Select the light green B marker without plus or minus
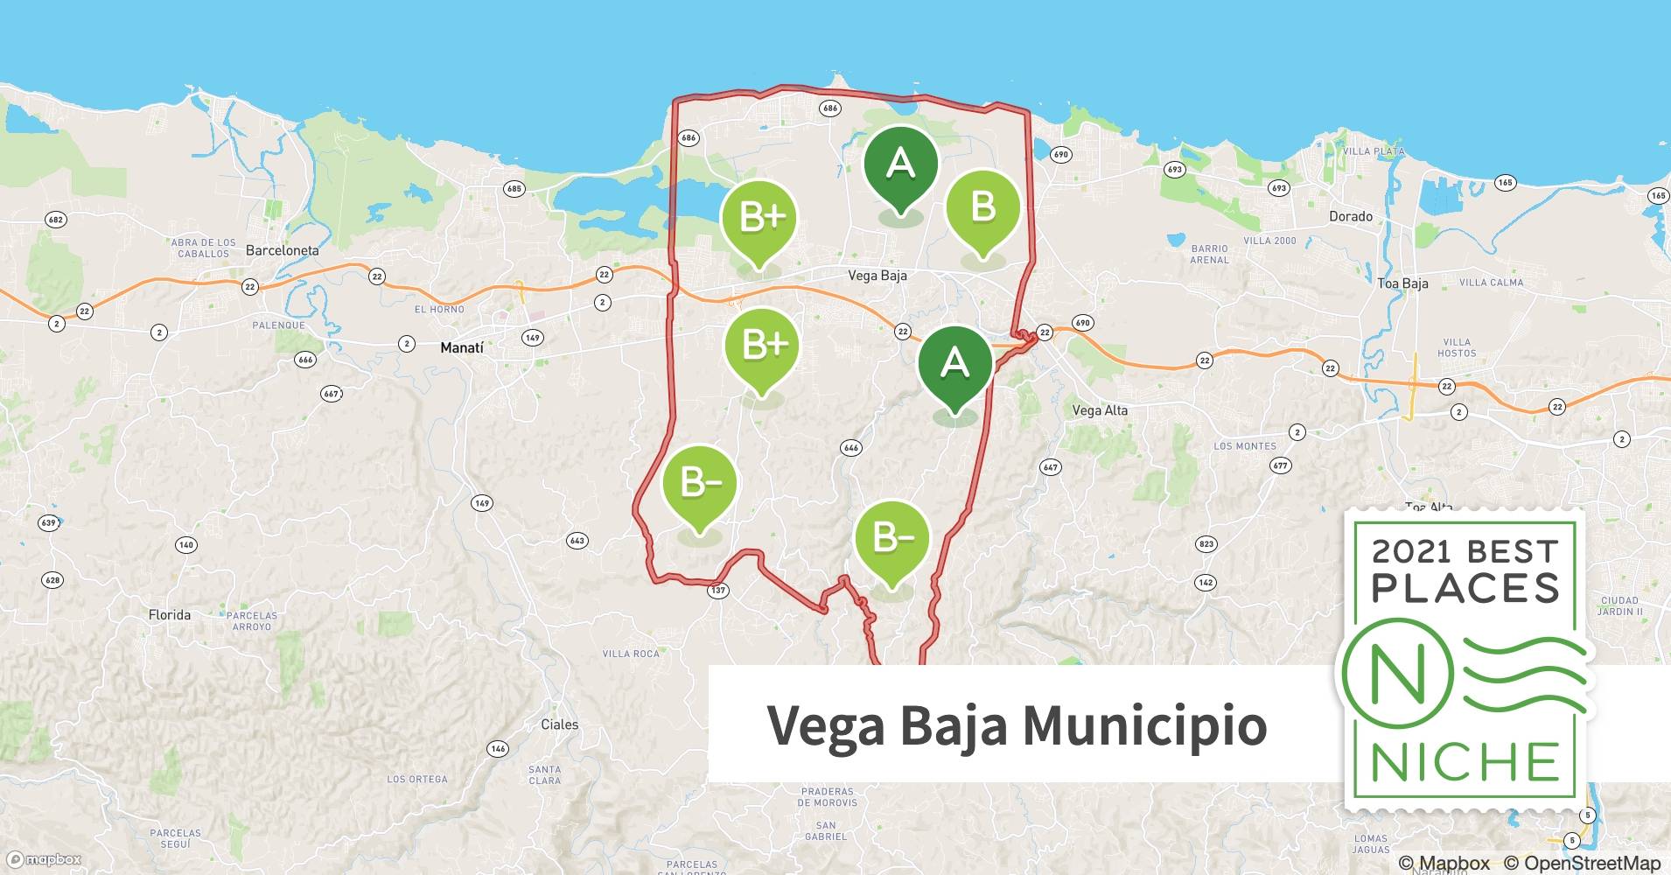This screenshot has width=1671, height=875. tap(983, 208)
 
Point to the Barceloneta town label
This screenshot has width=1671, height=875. tap(282, 250)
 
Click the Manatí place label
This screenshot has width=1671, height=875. tap(461, 348)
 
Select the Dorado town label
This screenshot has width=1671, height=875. tap(1350, 216)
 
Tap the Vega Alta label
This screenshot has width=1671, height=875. tap(1100, 410)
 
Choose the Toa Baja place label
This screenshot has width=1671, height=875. tap(1402, 283)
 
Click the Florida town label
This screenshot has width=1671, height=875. tap(170, 615)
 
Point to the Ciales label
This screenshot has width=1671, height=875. tap(559, 724)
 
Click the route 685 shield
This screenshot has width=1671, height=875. tap(514, 189)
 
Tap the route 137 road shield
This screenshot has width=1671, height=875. tap(717, 591)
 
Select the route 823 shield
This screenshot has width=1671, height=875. tap(1206, 544)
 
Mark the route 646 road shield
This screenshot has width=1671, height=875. tap(850, 448)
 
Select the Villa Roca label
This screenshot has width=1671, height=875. tap(631, 654)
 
